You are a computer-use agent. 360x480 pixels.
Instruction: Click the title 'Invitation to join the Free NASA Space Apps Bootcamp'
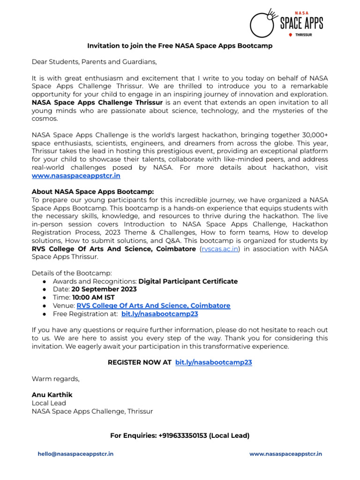[x=180, y=46]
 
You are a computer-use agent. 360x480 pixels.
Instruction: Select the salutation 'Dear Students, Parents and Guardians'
[x=94, y=61]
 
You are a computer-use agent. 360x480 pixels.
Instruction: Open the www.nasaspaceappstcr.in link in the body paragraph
[x=76, y=176]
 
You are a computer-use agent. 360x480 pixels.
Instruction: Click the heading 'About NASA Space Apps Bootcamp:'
[x=92, y=192]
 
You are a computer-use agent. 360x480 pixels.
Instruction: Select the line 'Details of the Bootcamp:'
[x=72, y=273]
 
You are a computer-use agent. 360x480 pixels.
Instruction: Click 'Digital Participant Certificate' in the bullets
[x=188, y=281]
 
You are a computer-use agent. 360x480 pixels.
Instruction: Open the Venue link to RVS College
[x=153, y=306]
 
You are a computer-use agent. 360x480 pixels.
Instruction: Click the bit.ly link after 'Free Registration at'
[x=159, y=314]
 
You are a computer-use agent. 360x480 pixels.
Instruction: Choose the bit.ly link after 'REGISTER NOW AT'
[x=213, y=362]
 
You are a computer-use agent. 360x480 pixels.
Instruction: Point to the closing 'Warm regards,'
[x=55, y=379]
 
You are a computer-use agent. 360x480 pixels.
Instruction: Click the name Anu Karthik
[x=52, y=395]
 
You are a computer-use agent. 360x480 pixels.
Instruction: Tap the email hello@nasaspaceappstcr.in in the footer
[x=75, y=454]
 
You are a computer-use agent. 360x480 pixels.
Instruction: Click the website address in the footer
[x=285, y=454]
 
